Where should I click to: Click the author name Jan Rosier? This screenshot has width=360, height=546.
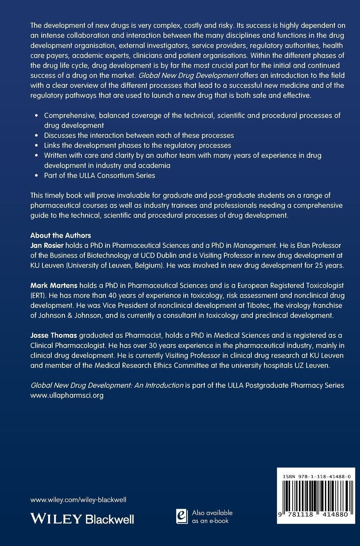pos(47,245)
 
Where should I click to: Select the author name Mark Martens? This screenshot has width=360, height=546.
pos(54,285)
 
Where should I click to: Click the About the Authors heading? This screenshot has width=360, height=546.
pos(61,235)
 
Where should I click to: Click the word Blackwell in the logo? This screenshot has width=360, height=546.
pos(110,519)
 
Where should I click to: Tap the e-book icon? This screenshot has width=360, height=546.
pos(182,516)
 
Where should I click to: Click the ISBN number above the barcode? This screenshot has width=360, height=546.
pos(317,476)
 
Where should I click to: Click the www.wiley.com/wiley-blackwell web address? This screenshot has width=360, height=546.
pos(78,500)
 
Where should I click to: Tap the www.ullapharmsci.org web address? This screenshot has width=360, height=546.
pos(67,395)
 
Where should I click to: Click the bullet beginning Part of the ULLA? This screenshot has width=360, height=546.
pos(100,175)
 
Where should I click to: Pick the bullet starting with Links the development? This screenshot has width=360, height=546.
pos(137,145)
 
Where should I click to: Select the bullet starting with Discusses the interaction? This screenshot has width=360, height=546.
pos(139,135)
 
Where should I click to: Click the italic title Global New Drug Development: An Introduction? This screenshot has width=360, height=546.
pos(107,385)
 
